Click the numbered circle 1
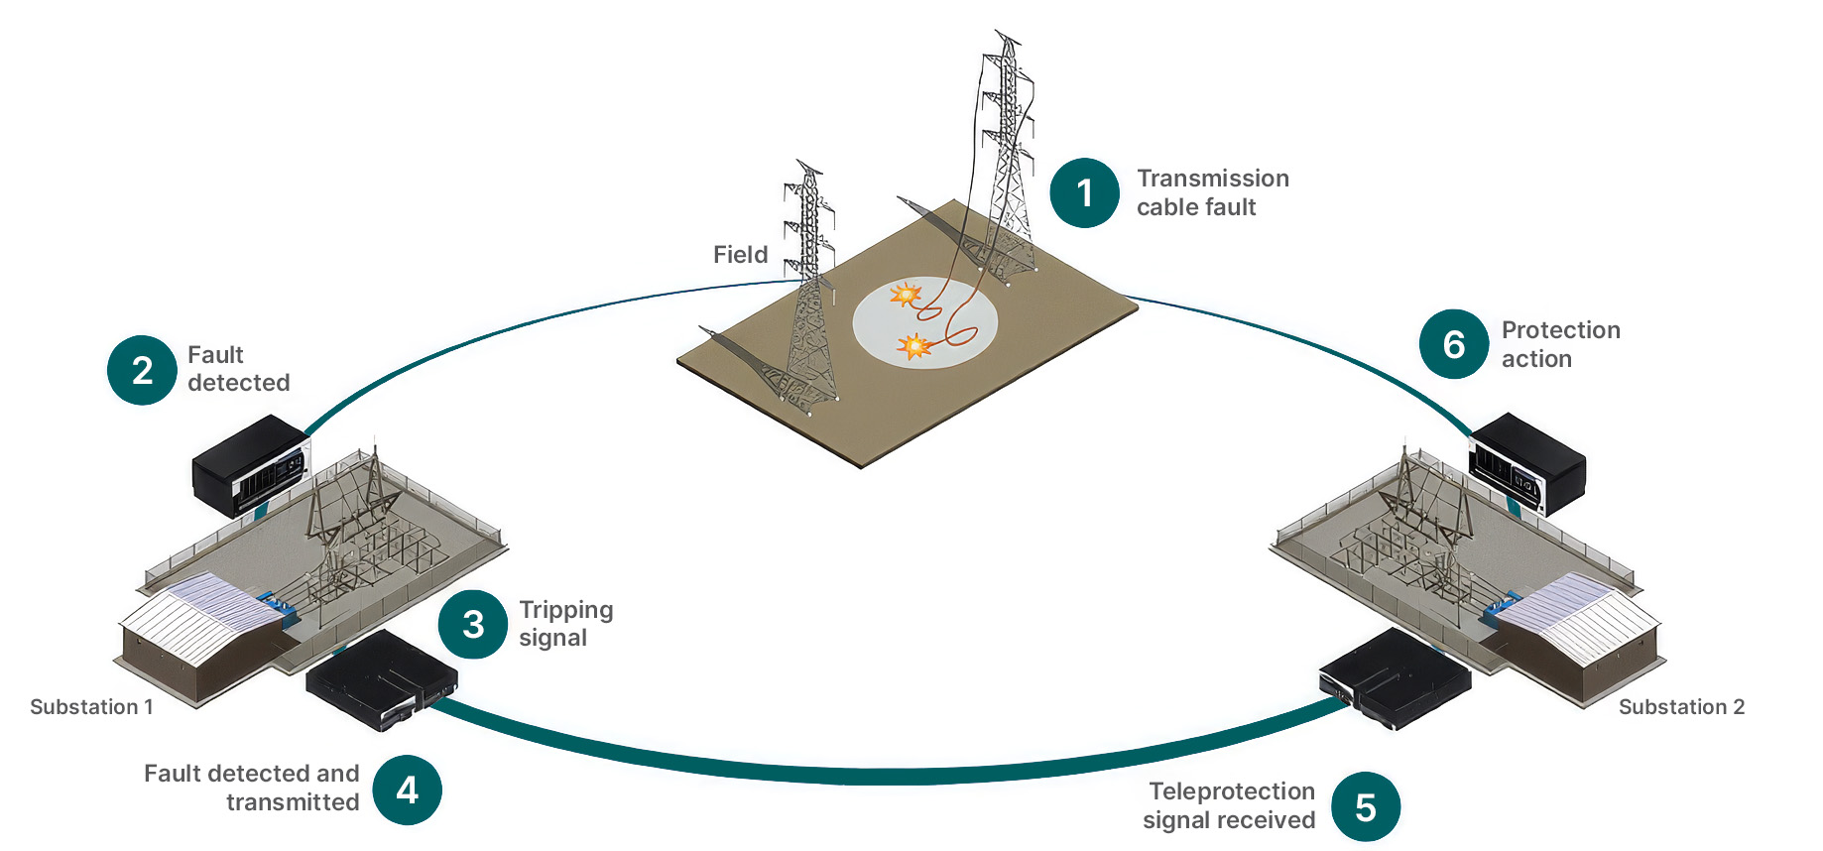[x=1084, y=192]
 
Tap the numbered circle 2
[x=142, y=370]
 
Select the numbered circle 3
[x=473, y=624]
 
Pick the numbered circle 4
[x=407, y=790]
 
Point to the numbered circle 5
[x=1365, y=807]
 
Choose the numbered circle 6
[x=1453, y=344]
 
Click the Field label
[x=741, y=255]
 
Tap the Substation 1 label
[x=91, y=707]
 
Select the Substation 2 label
[x=1681, y=707]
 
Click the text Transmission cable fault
[x=1213, y=192]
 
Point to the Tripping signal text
[x=566, y=624]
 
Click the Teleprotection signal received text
[x=1229, y=805]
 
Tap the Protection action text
[x=1561, y=344]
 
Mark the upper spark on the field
[x=905, y=294]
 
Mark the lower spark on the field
[x=913, y=346]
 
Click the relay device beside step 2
[x=251, y=465]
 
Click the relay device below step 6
[x=1526, y=463]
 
